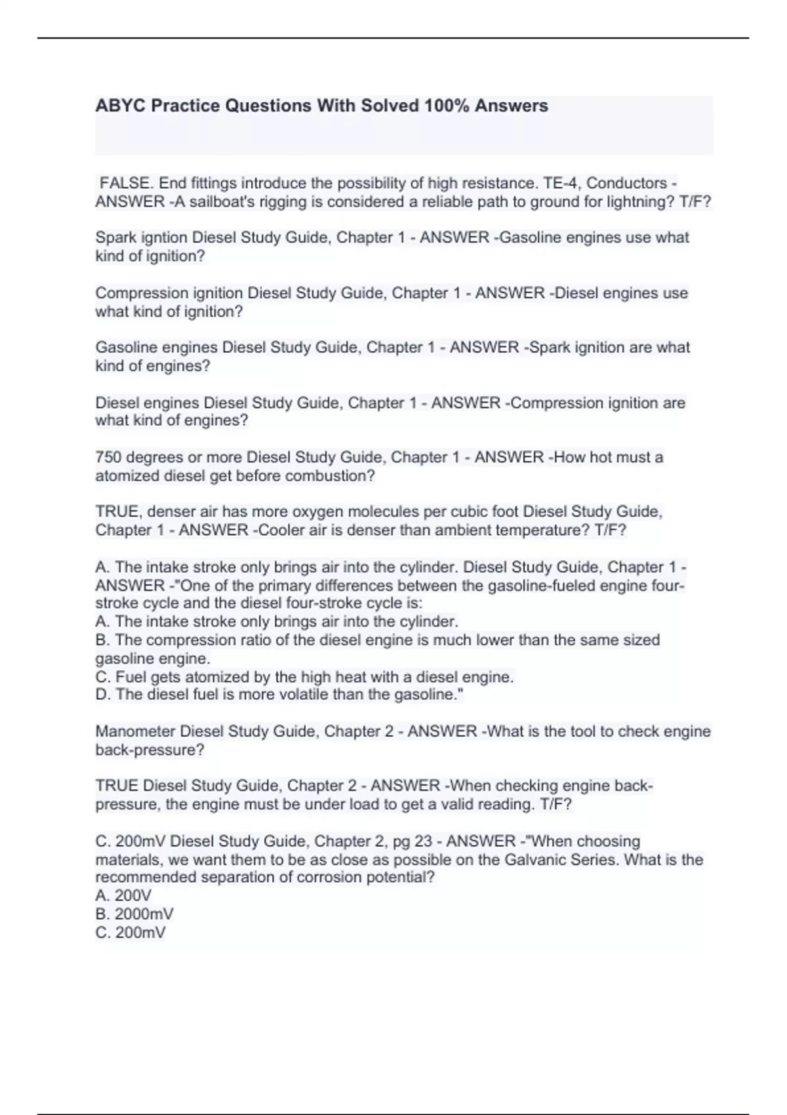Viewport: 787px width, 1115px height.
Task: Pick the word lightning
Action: [640, 201]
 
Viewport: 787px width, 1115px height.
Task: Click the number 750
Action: [108, 457]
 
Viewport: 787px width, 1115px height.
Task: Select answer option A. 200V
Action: [123, 895]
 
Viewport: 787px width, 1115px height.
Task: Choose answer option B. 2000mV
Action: [134, 914]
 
